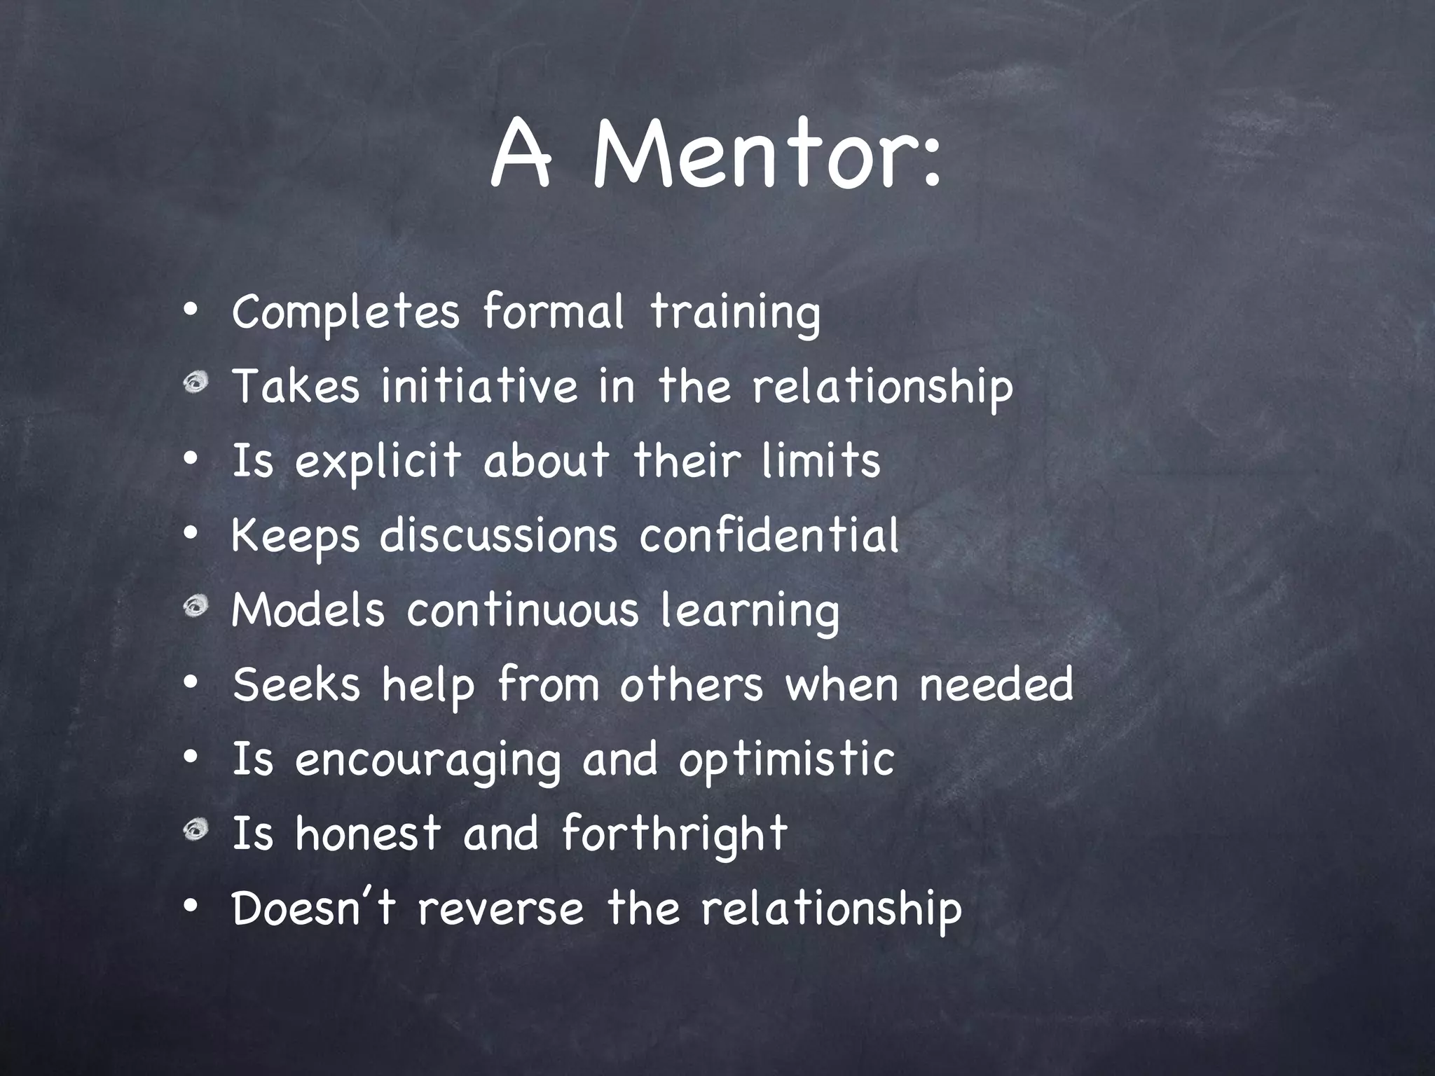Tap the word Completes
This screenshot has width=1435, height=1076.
point(345,312)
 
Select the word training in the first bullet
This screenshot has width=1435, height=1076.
point(735,312)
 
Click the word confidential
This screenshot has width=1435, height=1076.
point(769,535)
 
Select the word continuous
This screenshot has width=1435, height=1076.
point(523,609)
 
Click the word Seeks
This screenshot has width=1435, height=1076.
point(296,684)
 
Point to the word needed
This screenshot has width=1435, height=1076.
point(996,684)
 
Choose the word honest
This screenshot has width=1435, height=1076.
point(368,834)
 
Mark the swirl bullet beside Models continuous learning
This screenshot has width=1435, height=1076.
point(196,607)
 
